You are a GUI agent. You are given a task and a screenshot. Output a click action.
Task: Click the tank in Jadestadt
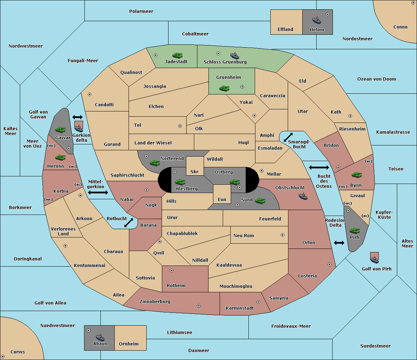[177, 55]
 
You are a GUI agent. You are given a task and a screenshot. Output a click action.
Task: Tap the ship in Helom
[317, 20]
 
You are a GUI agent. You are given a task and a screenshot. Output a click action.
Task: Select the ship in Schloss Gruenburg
[235, 55]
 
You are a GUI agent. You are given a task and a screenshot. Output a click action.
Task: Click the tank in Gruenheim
[224, 88]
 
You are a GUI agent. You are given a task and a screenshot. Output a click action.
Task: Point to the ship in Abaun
[100, 337]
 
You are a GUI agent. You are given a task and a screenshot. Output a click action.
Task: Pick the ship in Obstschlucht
[303, 196]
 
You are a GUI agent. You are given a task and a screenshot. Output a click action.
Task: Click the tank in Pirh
[355, 231]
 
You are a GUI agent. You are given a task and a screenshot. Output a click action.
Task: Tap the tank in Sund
[260, 201]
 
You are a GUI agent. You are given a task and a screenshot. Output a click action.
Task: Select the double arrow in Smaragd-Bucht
[288, 137]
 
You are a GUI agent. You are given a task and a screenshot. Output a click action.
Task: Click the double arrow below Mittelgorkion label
[98, 193]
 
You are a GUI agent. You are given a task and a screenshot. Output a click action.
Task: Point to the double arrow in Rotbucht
[129, 223]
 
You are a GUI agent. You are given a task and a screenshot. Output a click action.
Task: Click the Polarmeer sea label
[141, 11]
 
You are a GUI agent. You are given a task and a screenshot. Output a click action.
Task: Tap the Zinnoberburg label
[155, 302]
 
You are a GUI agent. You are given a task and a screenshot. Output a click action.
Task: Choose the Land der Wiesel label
[153, 143]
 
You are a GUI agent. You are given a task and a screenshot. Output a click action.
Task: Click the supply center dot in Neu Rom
[283, 235]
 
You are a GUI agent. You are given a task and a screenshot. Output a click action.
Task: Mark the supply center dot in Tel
[180, 126]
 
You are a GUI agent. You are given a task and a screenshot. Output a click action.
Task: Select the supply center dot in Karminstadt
[258, 302]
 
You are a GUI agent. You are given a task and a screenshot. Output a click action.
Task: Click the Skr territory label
[194, 171]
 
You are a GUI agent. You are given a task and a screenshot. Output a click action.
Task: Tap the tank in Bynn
[357, 175]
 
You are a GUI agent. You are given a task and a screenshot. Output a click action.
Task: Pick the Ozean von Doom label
[376, 79]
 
